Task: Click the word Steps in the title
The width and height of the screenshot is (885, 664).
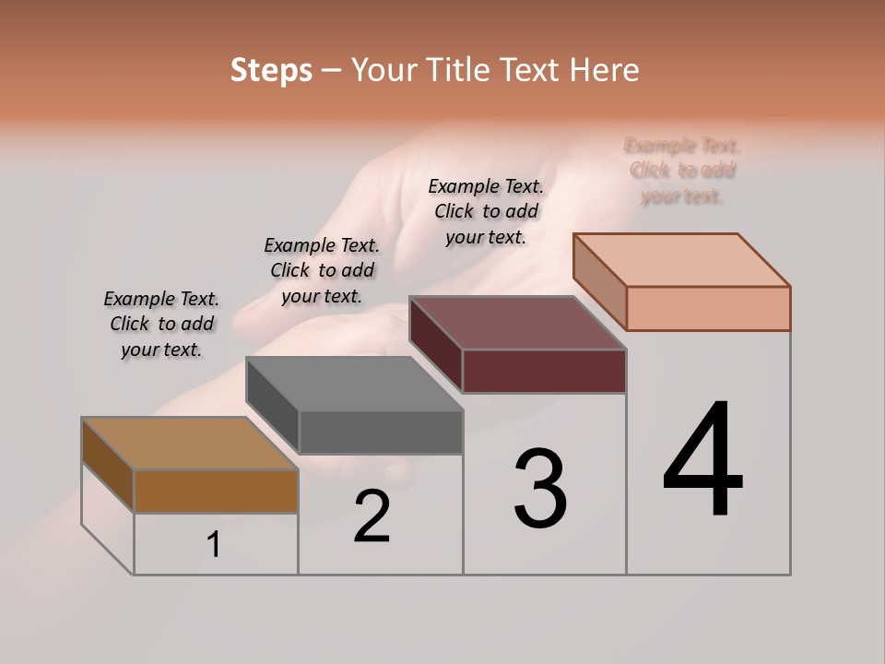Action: click(x=271, y=71)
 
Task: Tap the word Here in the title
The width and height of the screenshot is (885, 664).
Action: click(x=604, y=71)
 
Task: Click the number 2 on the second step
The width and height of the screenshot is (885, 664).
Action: click(x=372, y=516)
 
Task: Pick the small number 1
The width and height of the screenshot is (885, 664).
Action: click(x=214, y=545)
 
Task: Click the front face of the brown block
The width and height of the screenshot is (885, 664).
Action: click(x=216, y=491)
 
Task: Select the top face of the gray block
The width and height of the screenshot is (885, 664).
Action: click(x=354, y=384)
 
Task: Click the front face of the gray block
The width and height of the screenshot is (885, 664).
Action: click(x=381, y=432)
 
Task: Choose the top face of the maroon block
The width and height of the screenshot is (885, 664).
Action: click(x=517, y=323)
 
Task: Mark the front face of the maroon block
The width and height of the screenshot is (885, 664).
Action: click(x=544, y=371)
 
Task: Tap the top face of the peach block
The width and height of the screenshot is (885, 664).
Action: click(x=681, y=259)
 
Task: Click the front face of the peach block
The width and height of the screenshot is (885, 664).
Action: click(x=708, y=308)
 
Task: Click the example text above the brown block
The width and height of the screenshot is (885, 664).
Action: click(x=161, y=325)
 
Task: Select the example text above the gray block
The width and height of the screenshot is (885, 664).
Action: click(x=322, y=270)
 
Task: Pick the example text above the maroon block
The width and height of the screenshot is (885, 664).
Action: click(x=486, y=211)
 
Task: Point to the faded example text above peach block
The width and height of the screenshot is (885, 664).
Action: click(x=682, y=171)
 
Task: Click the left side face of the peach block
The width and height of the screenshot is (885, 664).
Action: click(x=599, y=281)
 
